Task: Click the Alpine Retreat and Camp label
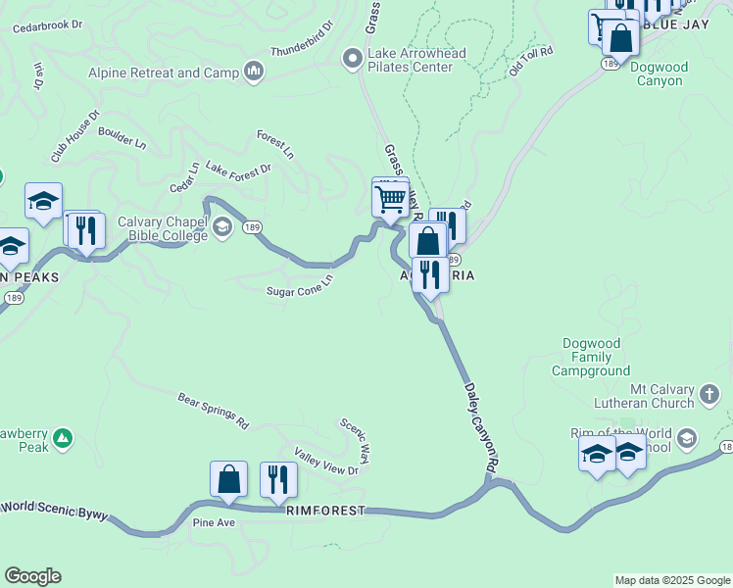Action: click(165, 73)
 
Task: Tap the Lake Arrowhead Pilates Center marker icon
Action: click(353, 60)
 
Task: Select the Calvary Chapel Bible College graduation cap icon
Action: click(222, 228)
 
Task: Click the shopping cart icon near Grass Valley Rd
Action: click(390, 200)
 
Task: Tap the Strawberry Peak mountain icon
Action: click(62, 439)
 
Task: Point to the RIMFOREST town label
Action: click(325, 512)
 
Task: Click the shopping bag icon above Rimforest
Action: click(228, 479)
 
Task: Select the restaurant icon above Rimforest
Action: click(278, 479)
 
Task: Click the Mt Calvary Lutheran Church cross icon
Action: click(709, 395)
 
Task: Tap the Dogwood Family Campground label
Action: click(590, 358)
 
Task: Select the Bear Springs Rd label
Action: click(214, 412)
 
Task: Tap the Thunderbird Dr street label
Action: click(302, 36)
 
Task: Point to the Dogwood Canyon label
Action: click(659, 73)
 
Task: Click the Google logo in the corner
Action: click(32, 576)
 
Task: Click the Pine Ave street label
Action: click(214, 523)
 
